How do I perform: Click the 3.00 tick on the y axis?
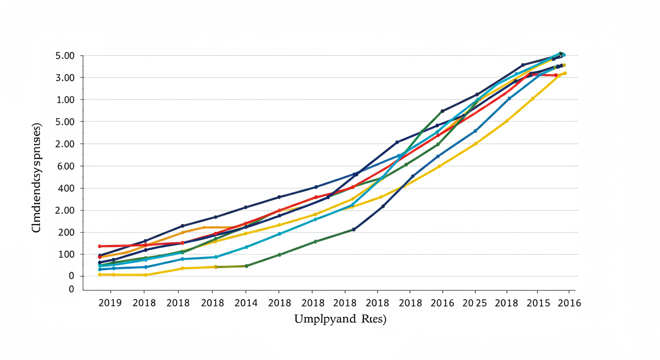65,78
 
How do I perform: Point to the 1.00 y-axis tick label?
65,100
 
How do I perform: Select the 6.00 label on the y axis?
65,166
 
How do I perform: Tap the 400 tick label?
67,188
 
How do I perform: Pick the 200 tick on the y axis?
67,232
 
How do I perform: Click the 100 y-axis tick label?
67,255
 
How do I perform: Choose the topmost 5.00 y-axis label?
65,56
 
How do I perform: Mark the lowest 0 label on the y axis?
72,289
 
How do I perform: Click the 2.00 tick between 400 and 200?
65,210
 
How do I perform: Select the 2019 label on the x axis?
110,303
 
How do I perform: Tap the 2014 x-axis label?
246,303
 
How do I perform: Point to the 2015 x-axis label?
538,303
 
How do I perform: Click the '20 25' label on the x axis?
474,303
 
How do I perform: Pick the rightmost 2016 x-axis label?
569,303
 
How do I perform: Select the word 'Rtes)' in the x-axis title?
372,320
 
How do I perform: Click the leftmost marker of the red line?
100,246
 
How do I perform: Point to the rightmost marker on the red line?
556,75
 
